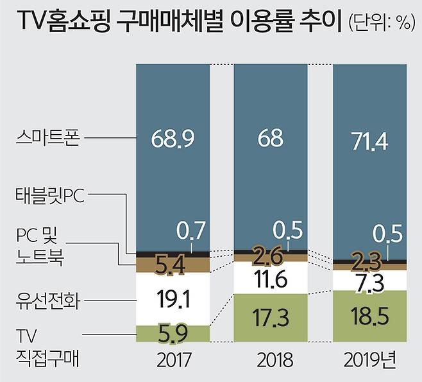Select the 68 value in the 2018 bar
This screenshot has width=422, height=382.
click(x=270, y=138)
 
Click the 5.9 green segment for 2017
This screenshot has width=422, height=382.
click(x=173, y=333)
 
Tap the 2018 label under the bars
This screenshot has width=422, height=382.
click(x=270, y=358)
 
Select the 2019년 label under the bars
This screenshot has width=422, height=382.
click(x=369, y=358)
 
